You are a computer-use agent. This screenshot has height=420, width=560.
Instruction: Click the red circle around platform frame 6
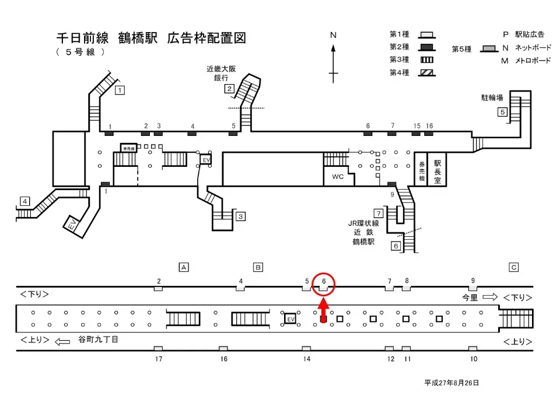(x=324, y=283)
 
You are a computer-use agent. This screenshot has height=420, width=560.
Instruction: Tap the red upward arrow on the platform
(x=324, y=310)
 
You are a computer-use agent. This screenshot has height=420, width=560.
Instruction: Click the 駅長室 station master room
(x=437, y=169)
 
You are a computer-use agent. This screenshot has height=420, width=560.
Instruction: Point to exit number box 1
(x=120, y=90)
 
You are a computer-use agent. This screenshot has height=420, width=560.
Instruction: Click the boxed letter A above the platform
(x=184, y=267)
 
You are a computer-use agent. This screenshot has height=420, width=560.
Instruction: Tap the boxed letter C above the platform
(x=514, y=267)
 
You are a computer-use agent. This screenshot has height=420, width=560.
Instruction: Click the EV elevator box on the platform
(x=290, y=318)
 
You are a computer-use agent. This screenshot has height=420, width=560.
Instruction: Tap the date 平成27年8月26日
(x=452, y=383)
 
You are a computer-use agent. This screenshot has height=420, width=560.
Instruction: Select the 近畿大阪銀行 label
(x=221, y=73)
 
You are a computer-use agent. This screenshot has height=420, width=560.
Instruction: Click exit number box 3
(x=240, y=216)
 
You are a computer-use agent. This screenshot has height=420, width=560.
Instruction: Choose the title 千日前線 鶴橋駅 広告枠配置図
(x=150, y=38)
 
